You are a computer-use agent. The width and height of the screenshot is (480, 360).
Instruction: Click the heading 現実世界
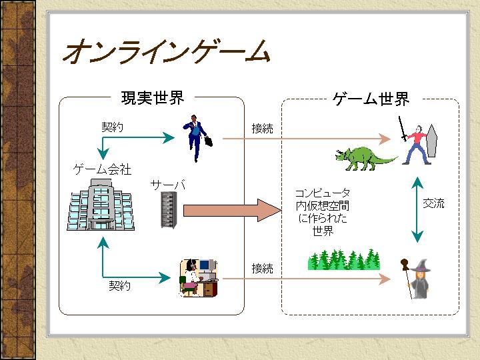tap(152, 98)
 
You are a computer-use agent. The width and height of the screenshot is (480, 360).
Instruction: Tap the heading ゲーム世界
tap(371, 99)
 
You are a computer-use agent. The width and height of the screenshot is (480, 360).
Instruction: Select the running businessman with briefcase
tap(198, 137)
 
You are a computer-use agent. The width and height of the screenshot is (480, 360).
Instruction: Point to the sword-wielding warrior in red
tap(415, 143)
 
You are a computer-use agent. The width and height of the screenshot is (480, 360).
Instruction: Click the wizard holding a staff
tap(417, 278)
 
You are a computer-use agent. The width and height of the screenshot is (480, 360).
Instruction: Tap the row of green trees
tap(343, 259)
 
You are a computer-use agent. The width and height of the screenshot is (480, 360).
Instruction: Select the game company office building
tap(99, 207)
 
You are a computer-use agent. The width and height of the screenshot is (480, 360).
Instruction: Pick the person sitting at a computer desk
tap(198, 277)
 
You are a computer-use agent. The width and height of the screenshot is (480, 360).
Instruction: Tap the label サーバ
tap(167, 184)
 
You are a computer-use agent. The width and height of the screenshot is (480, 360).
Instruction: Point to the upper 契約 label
tap(112, 126)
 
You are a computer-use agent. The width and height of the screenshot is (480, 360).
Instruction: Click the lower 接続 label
tap(262, 269)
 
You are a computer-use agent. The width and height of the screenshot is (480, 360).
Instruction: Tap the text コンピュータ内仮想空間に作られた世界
tap(323, 212)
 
